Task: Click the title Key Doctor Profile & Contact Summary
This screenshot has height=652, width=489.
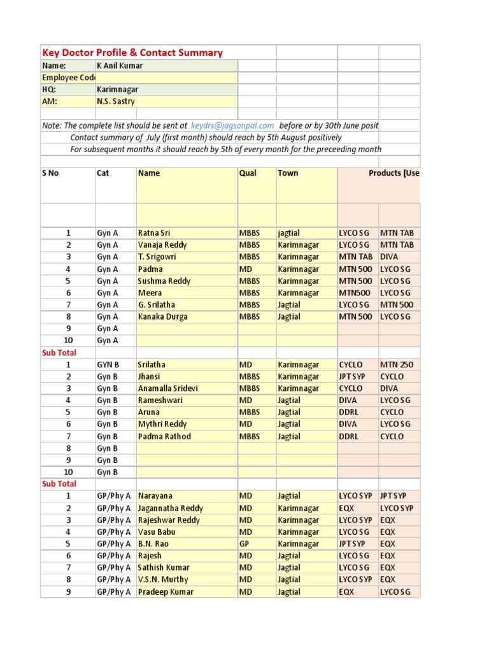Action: coord(132,53)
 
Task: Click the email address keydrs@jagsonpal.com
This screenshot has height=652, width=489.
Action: coord(232,126)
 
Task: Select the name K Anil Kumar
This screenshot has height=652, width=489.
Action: coord(120,66)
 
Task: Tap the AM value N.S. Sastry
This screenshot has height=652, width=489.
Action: coord(115,101)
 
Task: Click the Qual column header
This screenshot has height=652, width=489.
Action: coord(248,173)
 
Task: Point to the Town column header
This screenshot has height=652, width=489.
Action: coord(288,173)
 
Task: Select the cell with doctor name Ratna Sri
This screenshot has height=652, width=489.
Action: coord(154,233)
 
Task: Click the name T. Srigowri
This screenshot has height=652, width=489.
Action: coord(157,257)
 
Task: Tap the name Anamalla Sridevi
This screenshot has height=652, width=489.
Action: coord(168,388)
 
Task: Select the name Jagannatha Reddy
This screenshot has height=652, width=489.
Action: coord(171,508)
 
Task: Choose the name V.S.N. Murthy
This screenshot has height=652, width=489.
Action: coord(163,579)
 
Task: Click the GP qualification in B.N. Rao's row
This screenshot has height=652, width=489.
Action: coord(245,544)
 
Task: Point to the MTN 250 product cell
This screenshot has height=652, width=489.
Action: coord(397,365)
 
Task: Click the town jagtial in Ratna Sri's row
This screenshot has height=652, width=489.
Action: coord(289,233)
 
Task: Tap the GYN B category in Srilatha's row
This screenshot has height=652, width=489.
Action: coord(108,365)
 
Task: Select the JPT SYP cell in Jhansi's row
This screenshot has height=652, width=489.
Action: coord(352,376)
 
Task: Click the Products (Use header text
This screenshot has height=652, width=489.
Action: coord(393,173)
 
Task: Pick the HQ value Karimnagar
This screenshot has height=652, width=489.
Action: coord(117,90)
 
